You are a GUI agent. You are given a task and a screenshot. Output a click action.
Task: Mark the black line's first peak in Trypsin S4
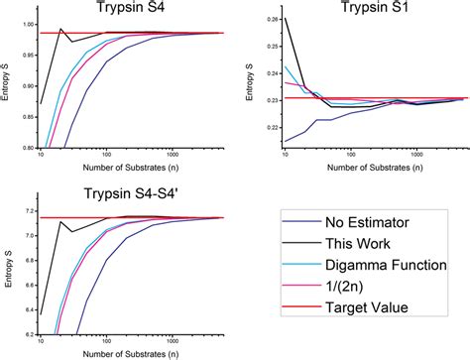tap(61, 29)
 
